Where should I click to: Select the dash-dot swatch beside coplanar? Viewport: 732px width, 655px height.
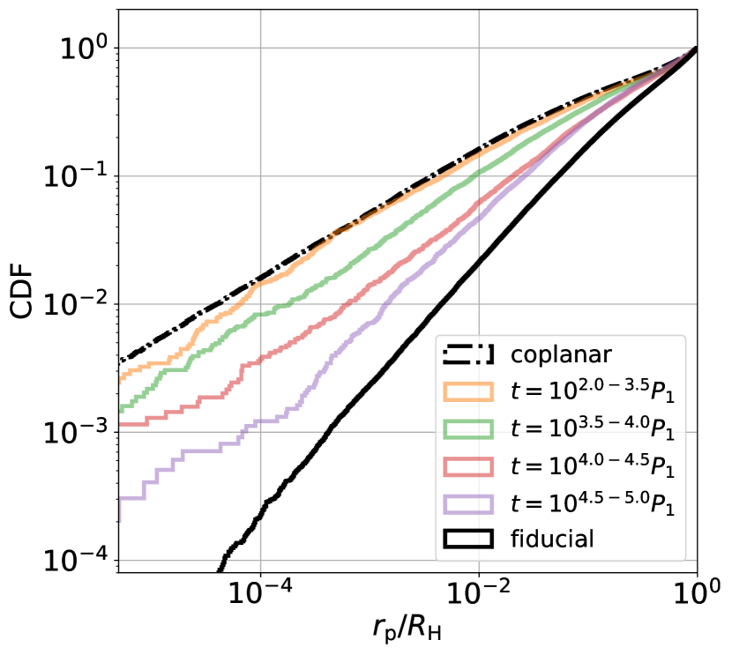click(x=467, y=354)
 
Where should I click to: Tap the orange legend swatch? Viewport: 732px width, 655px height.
click(x=467, y=391)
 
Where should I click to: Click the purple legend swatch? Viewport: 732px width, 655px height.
click(x=467, y=503)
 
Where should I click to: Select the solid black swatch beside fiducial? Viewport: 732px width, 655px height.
click(x=467, y=539)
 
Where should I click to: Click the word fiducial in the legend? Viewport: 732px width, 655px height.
click(x=553, y=539)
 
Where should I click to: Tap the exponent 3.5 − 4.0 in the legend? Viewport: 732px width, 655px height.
click(x=608, y=420)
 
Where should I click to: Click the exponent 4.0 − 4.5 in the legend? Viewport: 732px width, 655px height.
click(x=608, y=457)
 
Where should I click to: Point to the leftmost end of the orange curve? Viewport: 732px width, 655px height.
click(x=121, y=380)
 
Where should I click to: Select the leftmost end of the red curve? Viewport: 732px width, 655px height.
click(x=121, y=424)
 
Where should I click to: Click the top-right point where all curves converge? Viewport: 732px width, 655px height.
click(x=695, y=48)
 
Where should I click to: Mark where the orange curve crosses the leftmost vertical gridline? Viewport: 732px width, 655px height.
click(x=260, y=284)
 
